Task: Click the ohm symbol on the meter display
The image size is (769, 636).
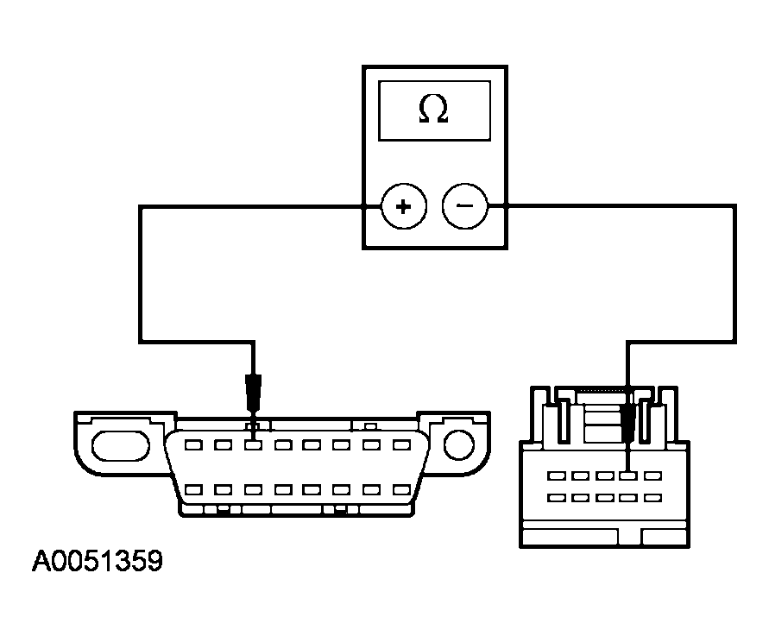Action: click(x=433, y=109)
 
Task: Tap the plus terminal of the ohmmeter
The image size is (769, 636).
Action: click(x=401, y=207)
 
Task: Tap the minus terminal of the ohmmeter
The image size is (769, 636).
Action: click(x=464, y=207)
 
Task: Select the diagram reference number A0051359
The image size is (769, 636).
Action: click(x=97, y=562)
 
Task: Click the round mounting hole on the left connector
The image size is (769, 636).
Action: click(x=460, y=444)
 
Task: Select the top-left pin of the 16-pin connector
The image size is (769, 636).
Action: click(x=193, y=446)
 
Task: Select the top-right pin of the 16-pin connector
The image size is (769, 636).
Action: click(x=400, y=446)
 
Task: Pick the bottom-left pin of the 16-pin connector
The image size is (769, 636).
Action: click(x=193, y=489)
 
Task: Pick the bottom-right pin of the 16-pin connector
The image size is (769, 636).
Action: click(x=400, y=489)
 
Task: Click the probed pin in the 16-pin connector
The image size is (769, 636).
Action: click(x=253, y=446)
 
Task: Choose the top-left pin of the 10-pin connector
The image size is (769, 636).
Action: click(x=557, y=475)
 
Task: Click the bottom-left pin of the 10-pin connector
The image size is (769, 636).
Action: click(x=557, y=497)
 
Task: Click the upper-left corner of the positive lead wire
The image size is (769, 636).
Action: click(x=140, y=207)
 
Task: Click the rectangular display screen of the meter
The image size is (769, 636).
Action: click(x=433, y=110)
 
